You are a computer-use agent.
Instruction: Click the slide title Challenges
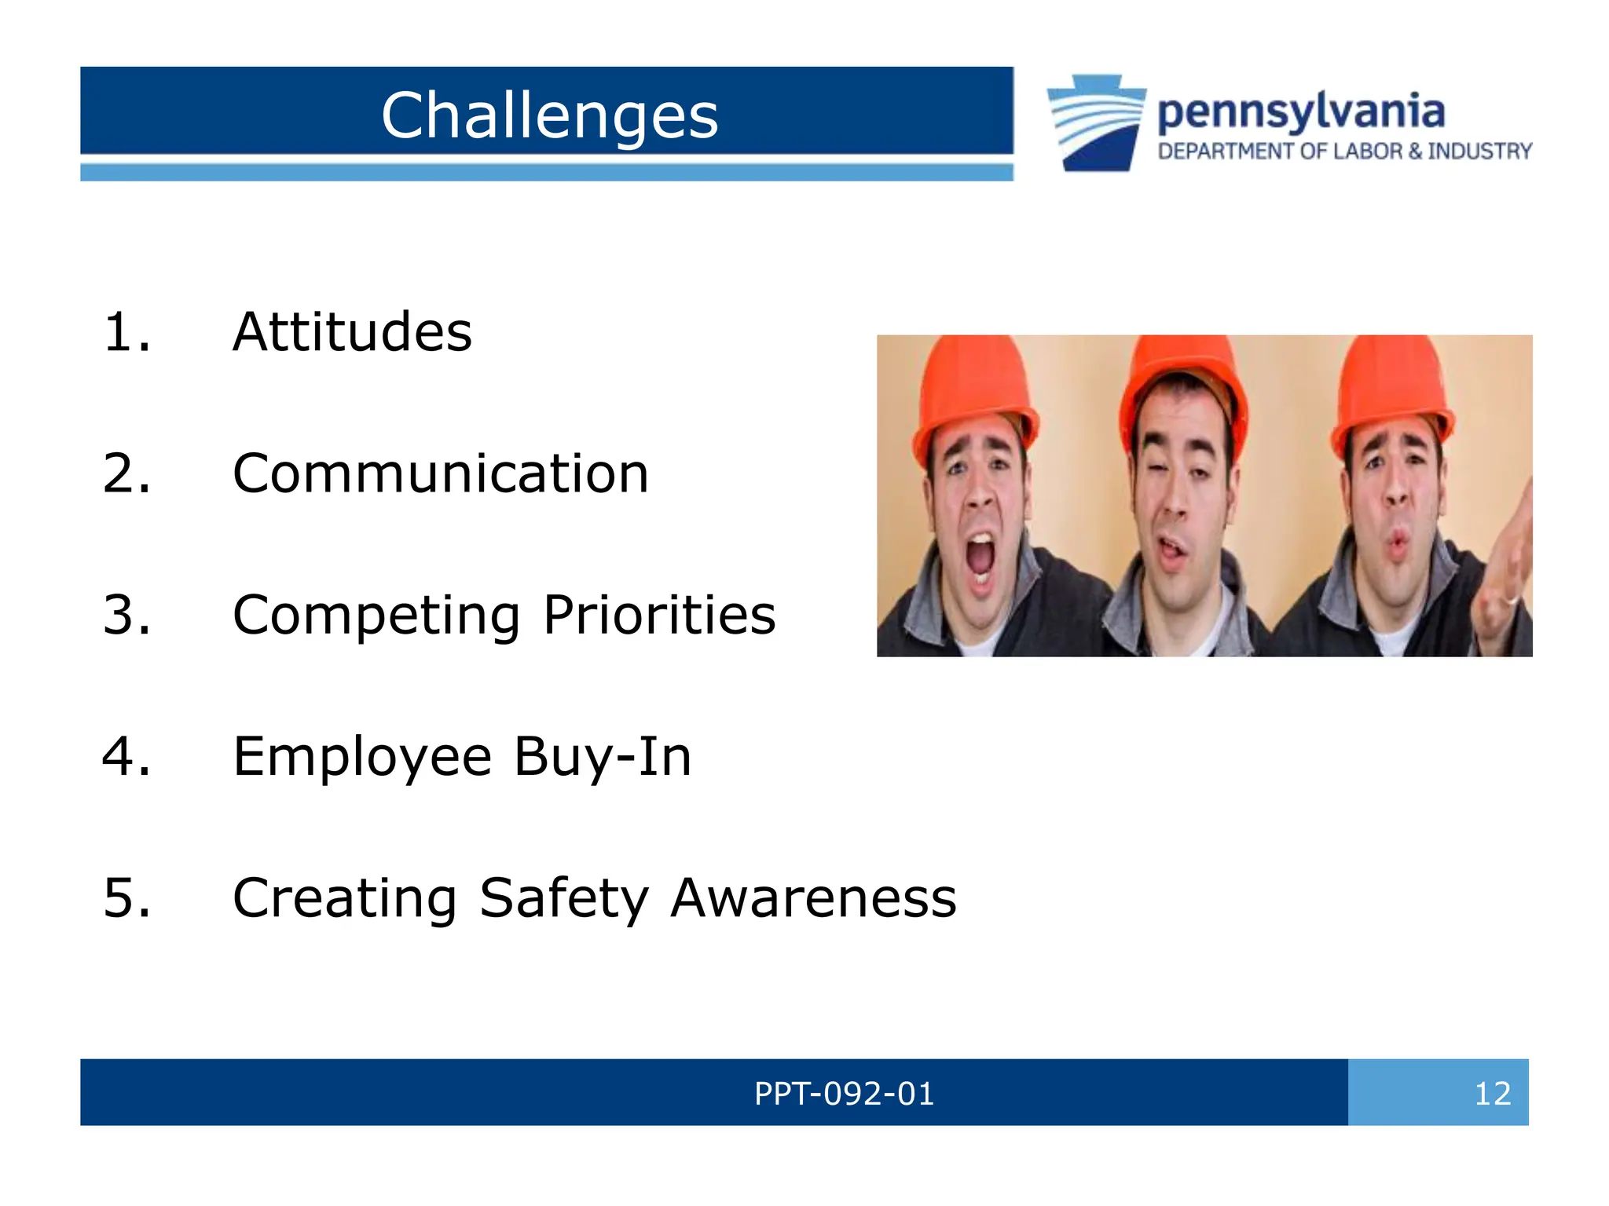click(x=549, y=115)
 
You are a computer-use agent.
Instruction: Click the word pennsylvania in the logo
click(x=1300, y=112)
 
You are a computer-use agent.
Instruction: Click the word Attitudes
click(x=352, y=332)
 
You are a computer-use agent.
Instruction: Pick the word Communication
click(x=440, y=474)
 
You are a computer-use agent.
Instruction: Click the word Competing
click(x=376, y=616)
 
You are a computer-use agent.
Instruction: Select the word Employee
click(x=362, y=757)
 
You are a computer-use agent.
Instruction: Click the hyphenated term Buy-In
click(x=603, y=757)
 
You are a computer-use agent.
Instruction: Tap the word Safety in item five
click(x=563, y=898)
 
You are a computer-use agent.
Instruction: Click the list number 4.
click(x=126, y=757)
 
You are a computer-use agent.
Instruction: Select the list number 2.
click(x=126, y=474)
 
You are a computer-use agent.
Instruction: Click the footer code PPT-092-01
click(x=844, y=1094)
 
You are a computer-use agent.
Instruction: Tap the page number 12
click(x=1492, y=1094)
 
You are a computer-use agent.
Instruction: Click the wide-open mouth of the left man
click(x=980, y=560)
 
